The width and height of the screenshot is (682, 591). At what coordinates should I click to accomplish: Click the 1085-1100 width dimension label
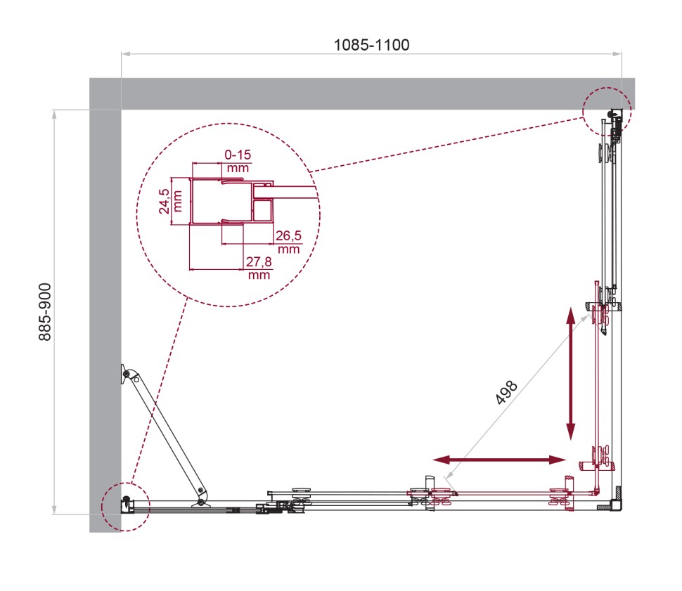[x=371, y=44]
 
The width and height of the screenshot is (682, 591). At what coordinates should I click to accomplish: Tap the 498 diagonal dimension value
[x=507, y=392]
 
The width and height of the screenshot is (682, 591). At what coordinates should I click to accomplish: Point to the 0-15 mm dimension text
[x=237, y=160]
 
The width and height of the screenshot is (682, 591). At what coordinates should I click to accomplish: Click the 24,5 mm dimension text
[x=163, y=201]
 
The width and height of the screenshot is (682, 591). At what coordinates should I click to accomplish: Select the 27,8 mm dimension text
[x=259, y=268]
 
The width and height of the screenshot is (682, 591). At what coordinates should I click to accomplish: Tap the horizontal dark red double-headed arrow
[x=499, y=460]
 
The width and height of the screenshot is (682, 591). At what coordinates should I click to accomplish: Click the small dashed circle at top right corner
[x=607, y=111]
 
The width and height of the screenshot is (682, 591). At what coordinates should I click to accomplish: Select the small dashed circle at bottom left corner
[x=126, y=507]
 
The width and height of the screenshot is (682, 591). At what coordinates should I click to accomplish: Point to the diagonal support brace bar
[x=164, y=433]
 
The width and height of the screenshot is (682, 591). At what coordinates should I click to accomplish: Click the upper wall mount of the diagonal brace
[x=125, y=374]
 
